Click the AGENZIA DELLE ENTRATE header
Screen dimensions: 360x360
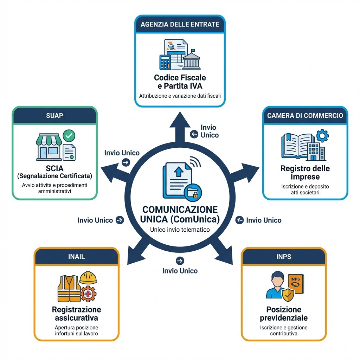pos(180,24)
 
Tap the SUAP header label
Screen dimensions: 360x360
pos(54,115)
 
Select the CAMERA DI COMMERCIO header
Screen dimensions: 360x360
pos(305,115)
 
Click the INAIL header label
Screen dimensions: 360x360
pos(76,257)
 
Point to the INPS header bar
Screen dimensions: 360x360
pos(284,257)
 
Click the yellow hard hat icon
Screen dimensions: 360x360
pos(88,278)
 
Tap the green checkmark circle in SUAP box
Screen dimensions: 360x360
pos(69,135)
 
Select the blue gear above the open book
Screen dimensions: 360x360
pos(322,135)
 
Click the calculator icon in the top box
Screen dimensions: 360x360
pos(165,62)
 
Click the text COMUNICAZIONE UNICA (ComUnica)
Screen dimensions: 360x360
pos(180,214)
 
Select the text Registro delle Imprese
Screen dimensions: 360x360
pos(305,172)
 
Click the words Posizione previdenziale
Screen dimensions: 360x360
pos(284,314)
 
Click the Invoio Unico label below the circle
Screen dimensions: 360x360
pos(180,271)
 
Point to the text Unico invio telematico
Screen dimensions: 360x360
pos(180,230)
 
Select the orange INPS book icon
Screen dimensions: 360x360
pos(295,283)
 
